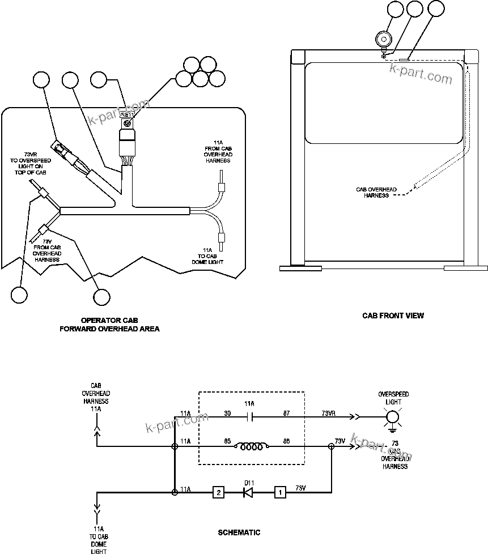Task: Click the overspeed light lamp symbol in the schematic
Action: (x=392, y=418)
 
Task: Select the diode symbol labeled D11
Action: (x=248, y=492)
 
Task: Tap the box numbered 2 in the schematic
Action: (x=218, y=492)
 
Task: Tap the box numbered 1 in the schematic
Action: (x=279, y=492)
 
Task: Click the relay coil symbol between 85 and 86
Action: (x=251, y=446)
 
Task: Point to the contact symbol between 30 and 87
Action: (x=250, y=418)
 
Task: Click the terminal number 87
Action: (x=286, y=413)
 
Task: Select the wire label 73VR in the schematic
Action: (x=328, y=413)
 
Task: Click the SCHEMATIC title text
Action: (x=239, y=532)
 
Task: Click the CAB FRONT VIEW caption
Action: (x=393, y=316)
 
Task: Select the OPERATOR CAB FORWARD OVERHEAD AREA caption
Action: (x=109, y=324)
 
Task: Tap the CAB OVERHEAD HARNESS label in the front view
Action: (x=376, y=193)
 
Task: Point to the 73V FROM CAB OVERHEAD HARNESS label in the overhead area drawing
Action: (x=47, y=250)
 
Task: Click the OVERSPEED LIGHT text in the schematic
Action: (x=393, y=397)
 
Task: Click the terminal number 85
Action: (x=227, y=441)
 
